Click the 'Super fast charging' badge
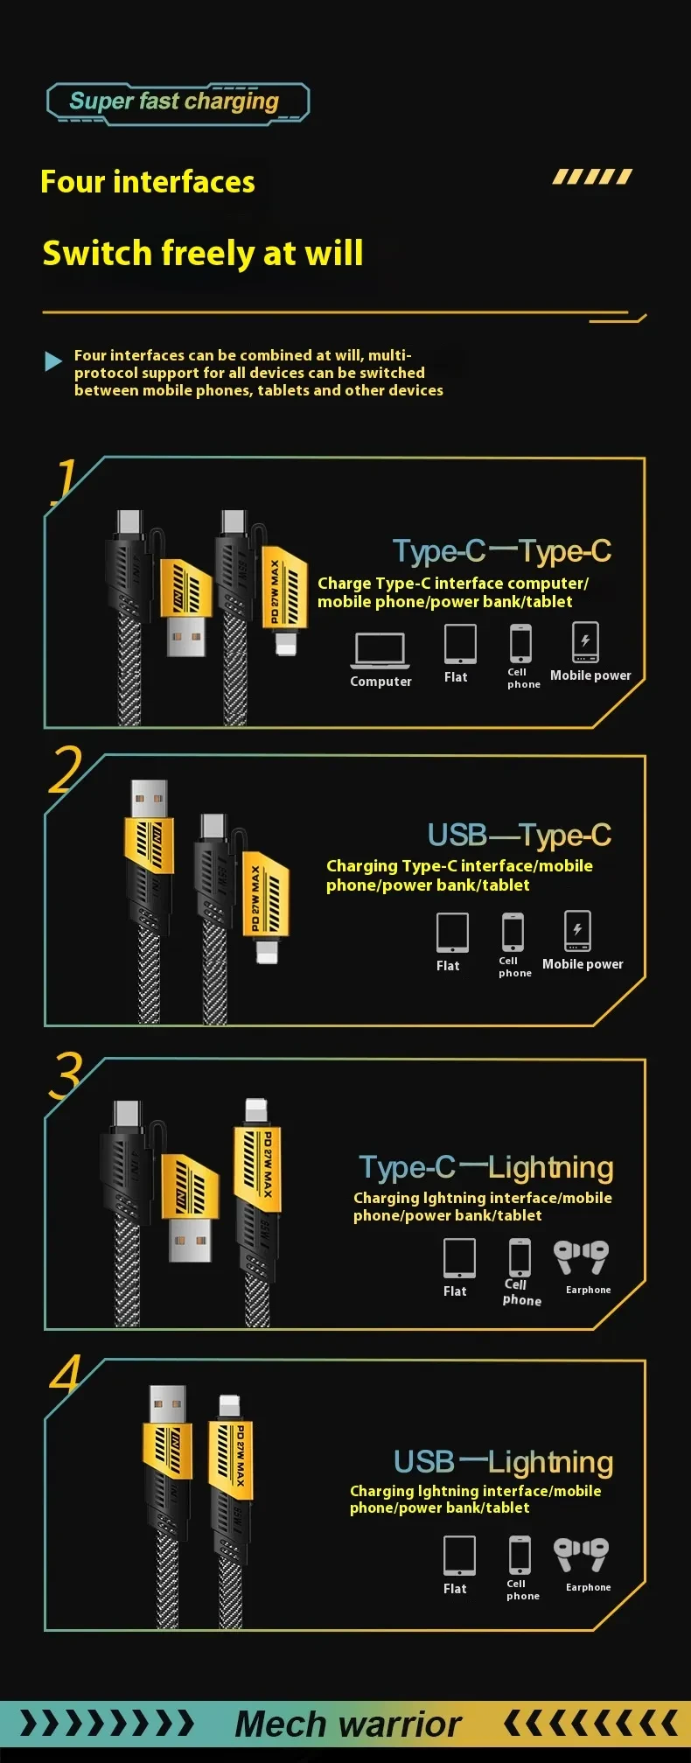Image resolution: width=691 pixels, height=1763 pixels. coord(177,103)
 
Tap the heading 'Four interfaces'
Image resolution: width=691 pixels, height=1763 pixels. coord(148,182)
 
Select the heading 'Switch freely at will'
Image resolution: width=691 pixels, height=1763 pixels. coord(203,254)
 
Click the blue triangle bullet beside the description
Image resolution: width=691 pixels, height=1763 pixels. coord(53,361)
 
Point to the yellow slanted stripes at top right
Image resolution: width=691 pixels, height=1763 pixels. coord(592,178)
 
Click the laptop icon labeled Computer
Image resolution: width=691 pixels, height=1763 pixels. coord(380,650)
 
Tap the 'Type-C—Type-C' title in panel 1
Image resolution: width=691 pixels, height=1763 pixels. coord(501,551)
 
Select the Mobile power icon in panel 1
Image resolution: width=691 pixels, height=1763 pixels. coord(585,642)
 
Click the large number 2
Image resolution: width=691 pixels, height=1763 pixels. coord(66,770)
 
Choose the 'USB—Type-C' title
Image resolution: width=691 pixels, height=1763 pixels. coord(519,836)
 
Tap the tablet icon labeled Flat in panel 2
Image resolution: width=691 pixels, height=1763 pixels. coord(452,933)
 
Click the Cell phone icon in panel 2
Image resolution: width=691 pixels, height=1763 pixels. coord(513,932)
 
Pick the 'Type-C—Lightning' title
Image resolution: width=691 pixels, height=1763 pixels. coord(485,1167)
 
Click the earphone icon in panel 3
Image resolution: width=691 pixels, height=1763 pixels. coord(581,1257)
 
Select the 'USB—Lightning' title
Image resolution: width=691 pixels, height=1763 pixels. coord(503,1462)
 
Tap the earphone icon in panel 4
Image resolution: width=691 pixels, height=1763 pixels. coord(581,1555)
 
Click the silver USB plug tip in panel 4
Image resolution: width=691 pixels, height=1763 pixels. coord(167,1405)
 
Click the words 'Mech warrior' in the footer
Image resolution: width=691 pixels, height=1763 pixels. coord(347,1724)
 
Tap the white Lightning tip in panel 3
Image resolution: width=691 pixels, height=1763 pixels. coord(255,1111)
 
